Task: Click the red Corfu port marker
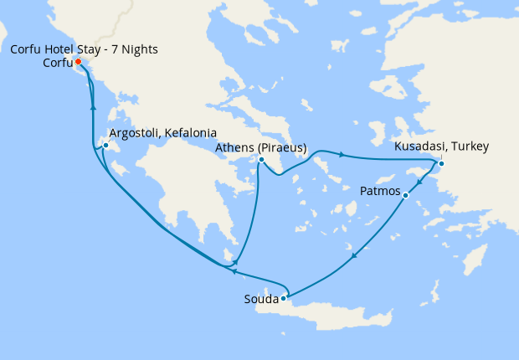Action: [78, 62]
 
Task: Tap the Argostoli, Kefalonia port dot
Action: [105, 146]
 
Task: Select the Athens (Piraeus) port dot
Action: [262, 160]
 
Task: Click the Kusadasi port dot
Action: [442, 163]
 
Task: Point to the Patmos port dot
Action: [405, 196]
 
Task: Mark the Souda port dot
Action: [285, 297]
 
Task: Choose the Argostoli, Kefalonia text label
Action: [163, 133]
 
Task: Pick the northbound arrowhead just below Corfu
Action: [93, 106]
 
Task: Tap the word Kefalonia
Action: [190, 133]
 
